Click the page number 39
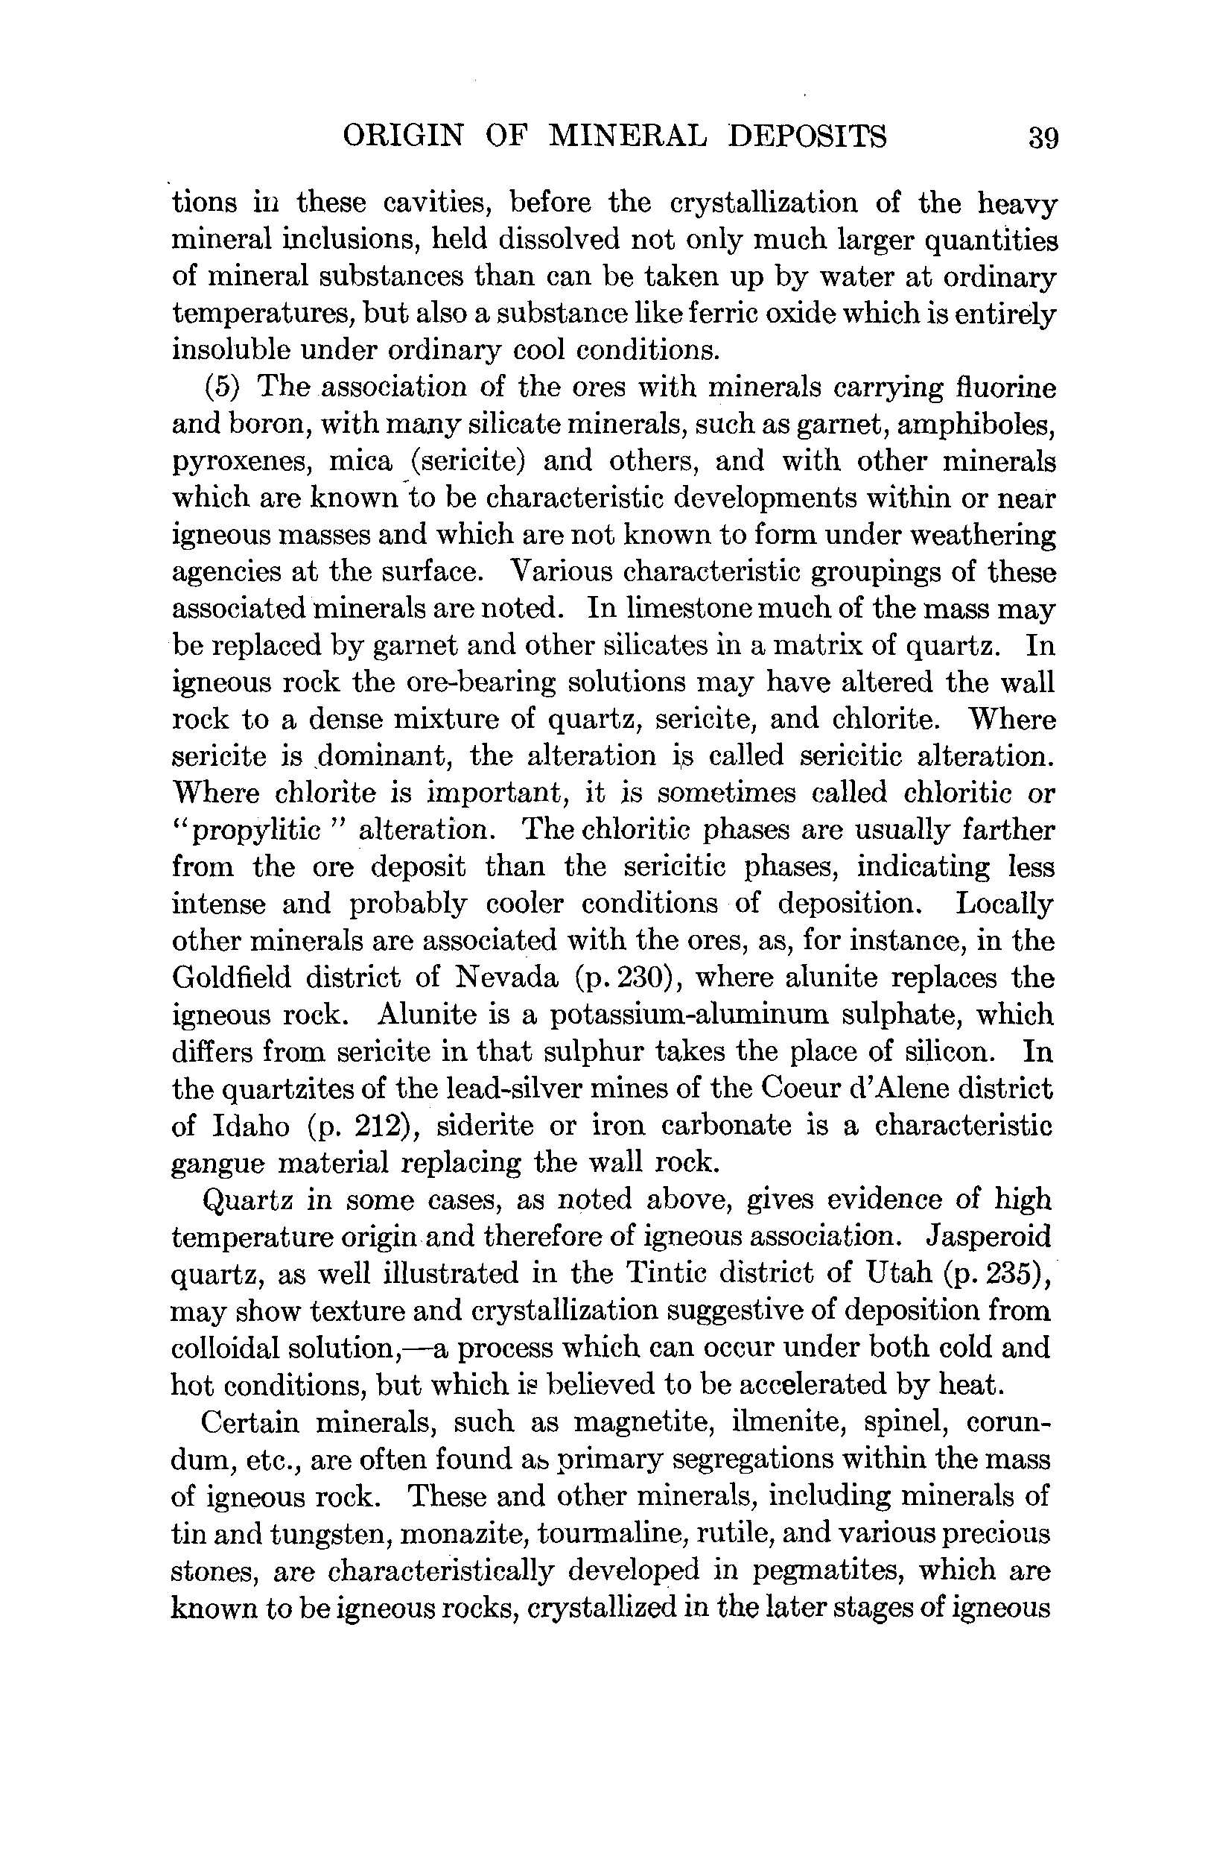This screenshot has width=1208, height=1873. pyautogui.click(x=1043, y=138)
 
